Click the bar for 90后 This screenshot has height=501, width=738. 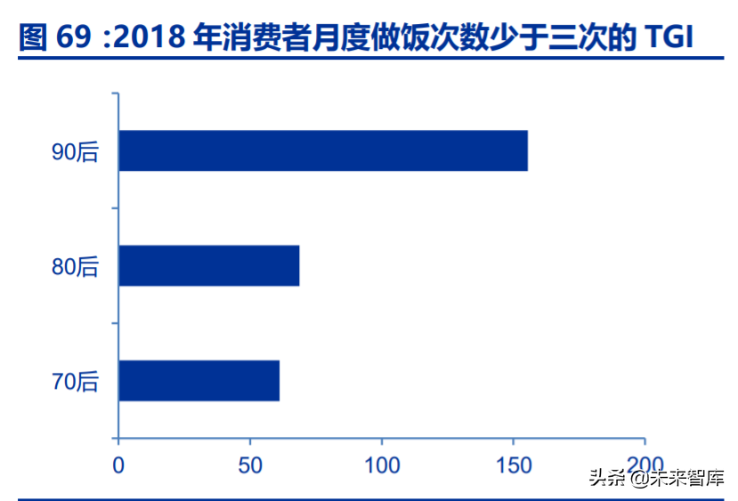322,151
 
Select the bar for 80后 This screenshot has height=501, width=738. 208,265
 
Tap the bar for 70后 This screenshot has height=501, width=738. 199,380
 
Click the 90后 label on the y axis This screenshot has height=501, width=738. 75,152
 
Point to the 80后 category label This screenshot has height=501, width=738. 75,266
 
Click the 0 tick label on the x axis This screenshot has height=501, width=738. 118,465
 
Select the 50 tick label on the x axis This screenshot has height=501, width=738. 250,465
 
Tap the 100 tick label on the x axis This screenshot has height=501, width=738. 381,465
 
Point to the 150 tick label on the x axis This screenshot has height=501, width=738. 513,465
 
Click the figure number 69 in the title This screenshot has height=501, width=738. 75,36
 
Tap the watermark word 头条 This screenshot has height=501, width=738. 604,477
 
